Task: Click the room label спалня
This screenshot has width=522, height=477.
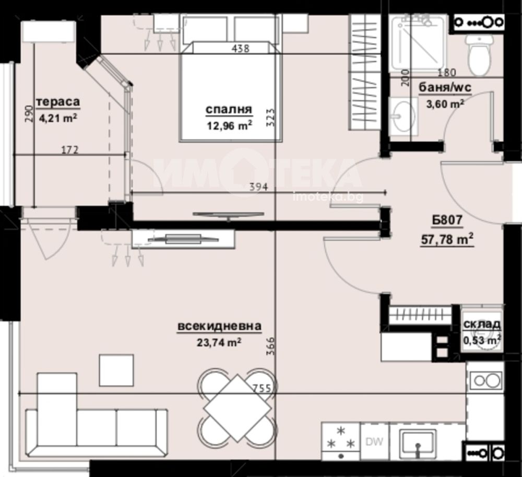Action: [x=229, y=109]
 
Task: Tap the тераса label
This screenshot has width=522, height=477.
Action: [x=58, y=101]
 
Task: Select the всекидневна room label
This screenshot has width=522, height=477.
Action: [x=219, y=326]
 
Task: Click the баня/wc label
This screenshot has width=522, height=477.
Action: [x=445, y=88]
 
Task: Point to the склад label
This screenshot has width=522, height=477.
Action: [x=482, y=324]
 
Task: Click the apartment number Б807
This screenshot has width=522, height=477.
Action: [x=447, y=220]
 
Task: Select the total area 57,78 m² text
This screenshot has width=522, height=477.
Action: [x=447, y=239]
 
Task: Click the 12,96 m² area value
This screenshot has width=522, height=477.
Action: [x=229, y=126]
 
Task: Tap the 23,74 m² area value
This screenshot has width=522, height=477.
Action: [x=219, y=342]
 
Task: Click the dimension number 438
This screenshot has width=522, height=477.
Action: [x=240, y=49]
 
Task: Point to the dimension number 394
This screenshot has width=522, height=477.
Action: [x=259, y=187]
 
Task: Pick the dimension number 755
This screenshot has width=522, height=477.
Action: [x=260, y=388]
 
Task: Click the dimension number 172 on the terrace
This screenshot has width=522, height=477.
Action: [x=70, y=150]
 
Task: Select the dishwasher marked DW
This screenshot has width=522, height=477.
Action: [x=374, y=441]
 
